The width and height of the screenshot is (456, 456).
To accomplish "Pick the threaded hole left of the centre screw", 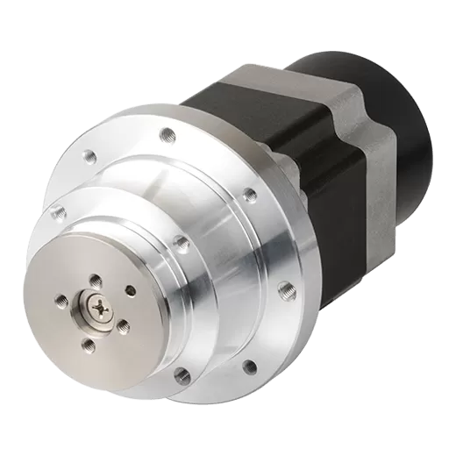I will [61, 301].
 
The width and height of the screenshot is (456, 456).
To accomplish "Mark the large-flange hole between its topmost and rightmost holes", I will [248, 192].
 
